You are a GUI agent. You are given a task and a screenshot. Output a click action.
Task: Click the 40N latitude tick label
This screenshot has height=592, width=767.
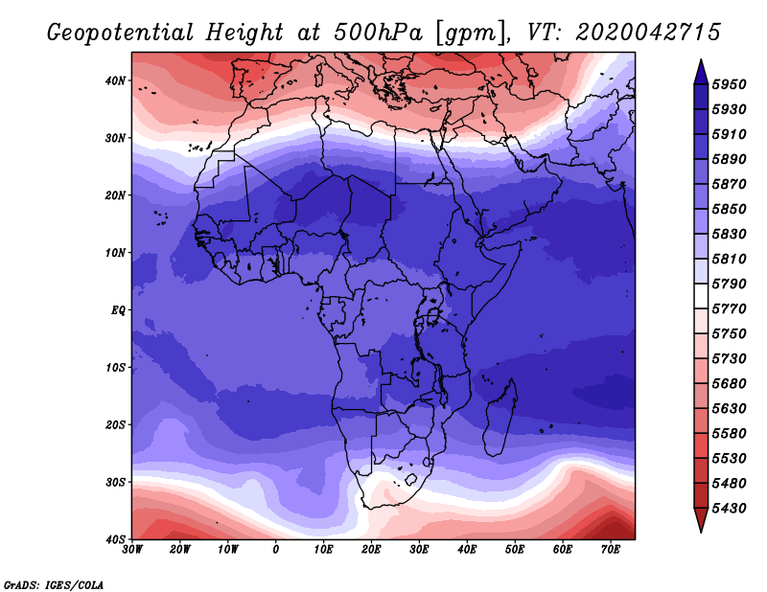tap(115, 80)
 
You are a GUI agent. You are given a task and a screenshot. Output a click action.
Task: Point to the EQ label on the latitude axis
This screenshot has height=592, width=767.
tap(118, 310)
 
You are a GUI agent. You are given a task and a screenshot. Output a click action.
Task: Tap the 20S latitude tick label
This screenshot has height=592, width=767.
tap(115, 424)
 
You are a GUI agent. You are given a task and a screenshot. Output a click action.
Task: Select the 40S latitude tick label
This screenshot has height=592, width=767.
tap(115, 539)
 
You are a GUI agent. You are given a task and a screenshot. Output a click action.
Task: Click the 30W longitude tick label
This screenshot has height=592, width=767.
tap(132, 550)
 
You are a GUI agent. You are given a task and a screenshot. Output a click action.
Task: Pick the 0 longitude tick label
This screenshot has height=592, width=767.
tap(276, 550)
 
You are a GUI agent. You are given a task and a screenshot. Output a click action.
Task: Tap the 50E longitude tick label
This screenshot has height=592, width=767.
tap(515, 550)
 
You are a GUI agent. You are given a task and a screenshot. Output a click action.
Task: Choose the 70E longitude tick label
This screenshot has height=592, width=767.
tap(611, 550)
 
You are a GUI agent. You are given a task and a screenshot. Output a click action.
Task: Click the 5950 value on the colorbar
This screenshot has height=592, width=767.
tap(730, 84)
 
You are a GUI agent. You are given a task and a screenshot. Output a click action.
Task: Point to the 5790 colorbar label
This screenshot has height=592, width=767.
tap(730, 284)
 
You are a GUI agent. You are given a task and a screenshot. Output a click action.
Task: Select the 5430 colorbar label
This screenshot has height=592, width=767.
tap(730, 509)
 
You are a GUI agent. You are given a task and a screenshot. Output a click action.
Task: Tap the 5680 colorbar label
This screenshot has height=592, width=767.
tap(730, 384)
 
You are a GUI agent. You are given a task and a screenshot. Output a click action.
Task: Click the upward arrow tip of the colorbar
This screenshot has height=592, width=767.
tap(701, 60)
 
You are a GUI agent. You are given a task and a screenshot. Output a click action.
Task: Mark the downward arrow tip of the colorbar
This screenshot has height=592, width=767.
tap(701, 532)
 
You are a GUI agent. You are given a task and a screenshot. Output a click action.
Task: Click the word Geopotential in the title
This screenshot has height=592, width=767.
tap(121, 34)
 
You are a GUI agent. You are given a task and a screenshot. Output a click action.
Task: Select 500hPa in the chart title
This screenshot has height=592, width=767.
tap(378, 33)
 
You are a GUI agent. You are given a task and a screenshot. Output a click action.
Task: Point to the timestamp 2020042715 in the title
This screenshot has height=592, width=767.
tap(648, 33)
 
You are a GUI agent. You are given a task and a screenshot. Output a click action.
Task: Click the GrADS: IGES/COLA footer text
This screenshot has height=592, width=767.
tap(54, 584)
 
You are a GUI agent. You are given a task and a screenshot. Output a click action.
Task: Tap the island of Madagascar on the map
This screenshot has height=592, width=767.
tap(500, 420)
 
